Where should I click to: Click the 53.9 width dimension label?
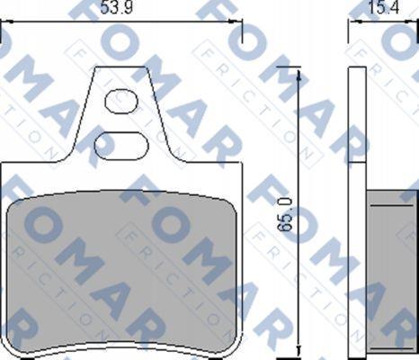(116, 7)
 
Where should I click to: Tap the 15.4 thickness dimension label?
(383, 7)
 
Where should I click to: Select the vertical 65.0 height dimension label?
(284, 214)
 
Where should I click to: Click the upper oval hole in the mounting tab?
(121, 102)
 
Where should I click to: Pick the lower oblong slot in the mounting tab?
(121, 146)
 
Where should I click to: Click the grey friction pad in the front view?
(121, 272)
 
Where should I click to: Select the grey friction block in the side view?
(392, 272)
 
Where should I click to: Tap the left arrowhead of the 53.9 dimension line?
(6, 22)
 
